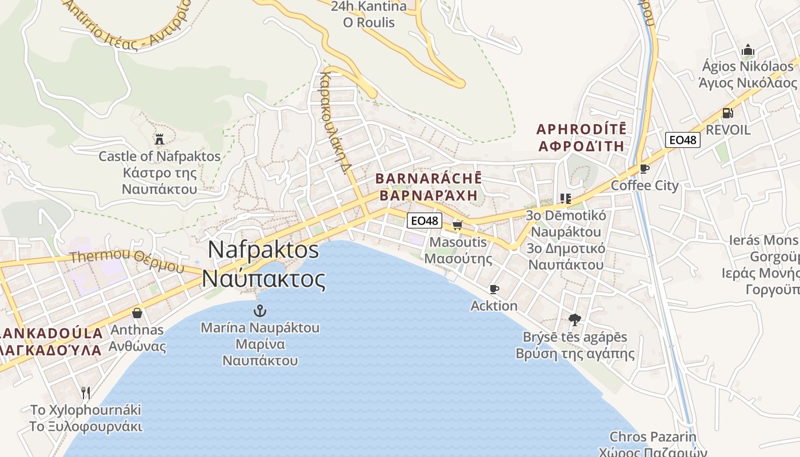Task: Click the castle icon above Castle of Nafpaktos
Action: point(159,139)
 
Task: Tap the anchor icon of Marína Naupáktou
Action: point(260,311)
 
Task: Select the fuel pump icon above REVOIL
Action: point(727,113)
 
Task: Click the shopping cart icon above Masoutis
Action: point(457,225)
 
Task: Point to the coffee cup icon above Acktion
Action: point(494,290)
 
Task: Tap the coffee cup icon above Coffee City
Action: point(645,169)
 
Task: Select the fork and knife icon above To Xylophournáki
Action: point(86,393)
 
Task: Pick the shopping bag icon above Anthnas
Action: point(137,313)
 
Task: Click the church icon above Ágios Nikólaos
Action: point(748,50)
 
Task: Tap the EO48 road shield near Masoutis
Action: point(425,221)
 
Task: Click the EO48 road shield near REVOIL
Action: point(683,139)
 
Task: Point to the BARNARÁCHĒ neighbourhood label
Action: point(429,178)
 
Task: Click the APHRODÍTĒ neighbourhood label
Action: point(581,129)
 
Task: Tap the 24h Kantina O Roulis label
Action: point(369,14)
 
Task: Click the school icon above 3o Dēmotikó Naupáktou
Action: point(566,199)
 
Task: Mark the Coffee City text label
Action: point(645,186)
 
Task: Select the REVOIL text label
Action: point(729,130)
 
